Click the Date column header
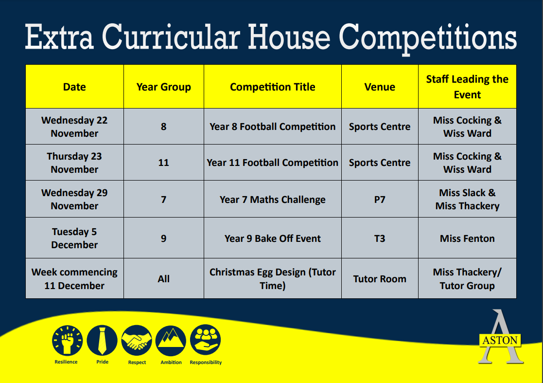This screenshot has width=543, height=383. point(74,87)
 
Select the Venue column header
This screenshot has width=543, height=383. point(380,87)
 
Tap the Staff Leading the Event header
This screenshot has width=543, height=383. point(467,87)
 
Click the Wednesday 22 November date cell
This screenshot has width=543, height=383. point(74,127)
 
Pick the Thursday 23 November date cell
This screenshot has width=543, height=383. point(74,163)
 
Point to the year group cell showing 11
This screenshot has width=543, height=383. point(163,163)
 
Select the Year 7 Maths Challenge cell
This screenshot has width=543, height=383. point(273,200)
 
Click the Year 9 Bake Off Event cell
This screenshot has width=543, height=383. point(273,238)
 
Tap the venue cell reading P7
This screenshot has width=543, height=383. point(380,200)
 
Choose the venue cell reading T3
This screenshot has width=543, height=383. point(380,238)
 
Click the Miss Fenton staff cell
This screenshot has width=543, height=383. point(467,238)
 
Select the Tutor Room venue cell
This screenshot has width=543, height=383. point(380,279)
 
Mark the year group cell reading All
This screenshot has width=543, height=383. point(163,279)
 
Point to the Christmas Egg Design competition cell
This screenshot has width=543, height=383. point(273,279)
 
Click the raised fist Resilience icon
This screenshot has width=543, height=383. point(67,341)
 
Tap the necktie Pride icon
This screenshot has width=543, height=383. point(102,341)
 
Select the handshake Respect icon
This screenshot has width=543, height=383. point(137,341)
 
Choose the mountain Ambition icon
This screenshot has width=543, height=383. point(171,341)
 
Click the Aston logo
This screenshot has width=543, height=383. point(500,337)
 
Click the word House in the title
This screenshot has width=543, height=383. point(289,37)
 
